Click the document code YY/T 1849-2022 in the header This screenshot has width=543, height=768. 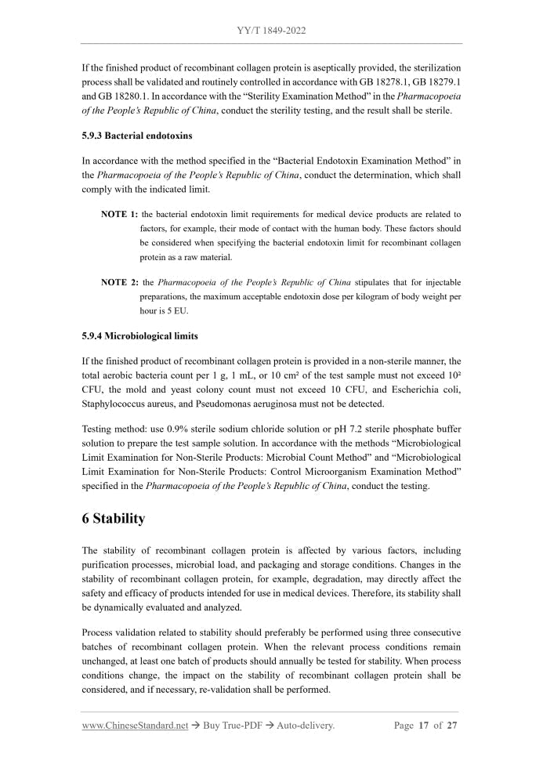271,31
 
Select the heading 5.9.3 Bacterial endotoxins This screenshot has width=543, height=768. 137,136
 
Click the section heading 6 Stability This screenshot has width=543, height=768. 114,518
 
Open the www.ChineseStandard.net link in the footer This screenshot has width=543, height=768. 136,726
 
